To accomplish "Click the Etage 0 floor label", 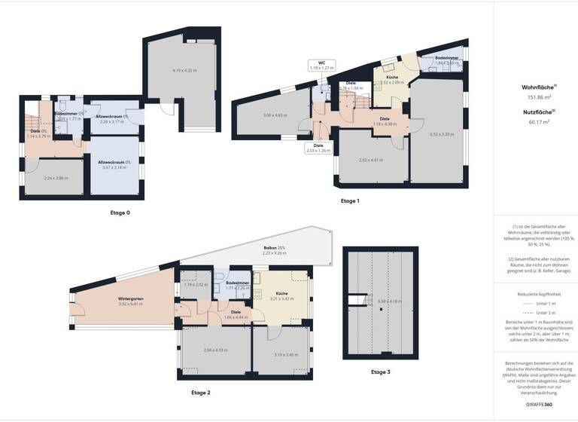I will [120, 213].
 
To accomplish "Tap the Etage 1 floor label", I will [351, 201].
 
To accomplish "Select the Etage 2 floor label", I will [201, 393].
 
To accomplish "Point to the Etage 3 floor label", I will [381, 372].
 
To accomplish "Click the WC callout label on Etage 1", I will [321, 65].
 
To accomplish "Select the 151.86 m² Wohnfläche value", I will [536, 97].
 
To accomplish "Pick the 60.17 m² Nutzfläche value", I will [536, 121].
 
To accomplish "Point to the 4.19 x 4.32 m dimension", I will [184, 70].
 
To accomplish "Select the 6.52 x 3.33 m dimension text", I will [442, 134].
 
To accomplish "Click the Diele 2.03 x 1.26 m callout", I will [318, 148].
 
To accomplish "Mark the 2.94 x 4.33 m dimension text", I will [216, 350].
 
